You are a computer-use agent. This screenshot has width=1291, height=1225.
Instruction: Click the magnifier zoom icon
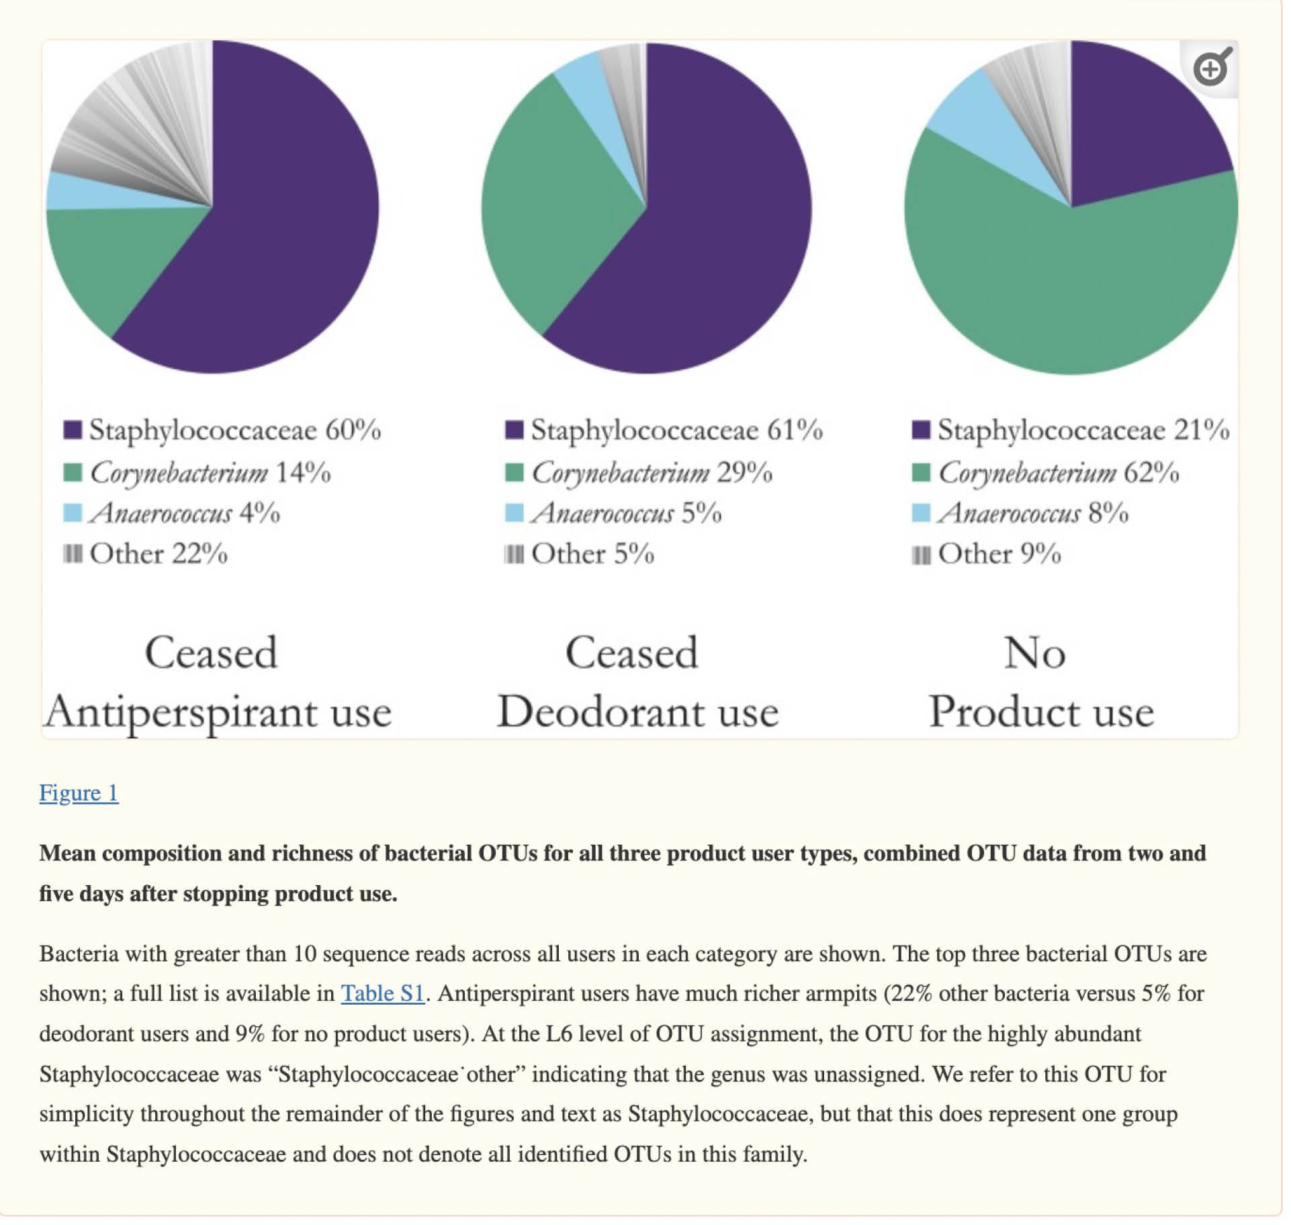[1212, 68]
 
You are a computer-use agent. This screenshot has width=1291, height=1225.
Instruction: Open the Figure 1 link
[79, 793]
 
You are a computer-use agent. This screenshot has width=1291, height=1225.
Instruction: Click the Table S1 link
[382, 993]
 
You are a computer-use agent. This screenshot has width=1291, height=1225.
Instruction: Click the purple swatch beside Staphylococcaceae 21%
[921, 430]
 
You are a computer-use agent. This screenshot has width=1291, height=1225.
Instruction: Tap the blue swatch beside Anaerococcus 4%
[73, 513]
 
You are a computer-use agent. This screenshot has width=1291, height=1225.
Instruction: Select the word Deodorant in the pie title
[601, 712]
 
